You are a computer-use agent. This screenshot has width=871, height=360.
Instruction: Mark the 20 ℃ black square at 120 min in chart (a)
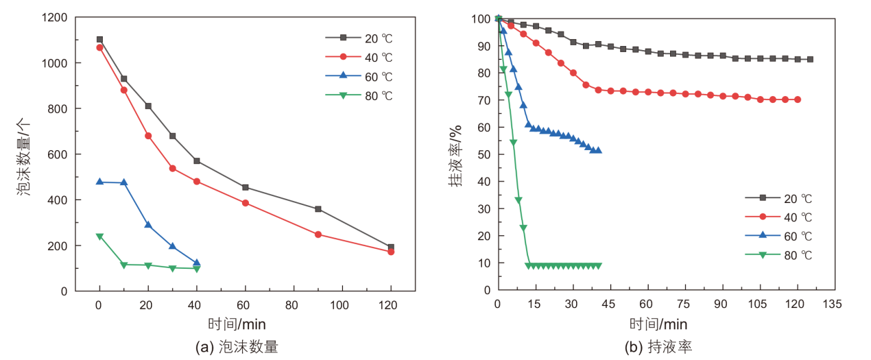(x=391, y=248)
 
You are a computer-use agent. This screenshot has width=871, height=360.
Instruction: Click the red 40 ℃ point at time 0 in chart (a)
(x=99, y=47)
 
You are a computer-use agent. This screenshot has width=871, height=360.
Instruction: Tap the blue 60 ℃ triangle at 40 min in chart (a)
(x=197, y=263)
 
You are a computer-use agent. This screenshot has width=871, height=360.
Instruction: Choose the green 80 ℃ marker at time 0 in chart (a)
(x=99, y=237)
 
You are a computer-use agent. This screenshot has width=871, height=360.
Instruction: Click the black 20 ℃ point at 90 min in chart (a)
(x=318, y=209)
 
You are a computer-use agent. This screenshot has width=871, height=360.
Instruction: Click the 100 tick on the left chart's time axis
(x=342, y=304)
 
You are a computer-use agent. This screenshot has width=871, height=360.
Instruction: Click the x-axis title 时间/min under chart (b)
(x=658, y=323)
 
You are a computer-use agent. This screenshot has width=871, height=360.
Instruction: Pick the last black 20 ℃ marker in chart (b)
(x=810, y=60)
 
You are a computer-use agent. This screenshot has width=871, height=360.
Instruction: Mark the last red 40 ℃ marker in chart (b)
(x=798, y=99)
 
